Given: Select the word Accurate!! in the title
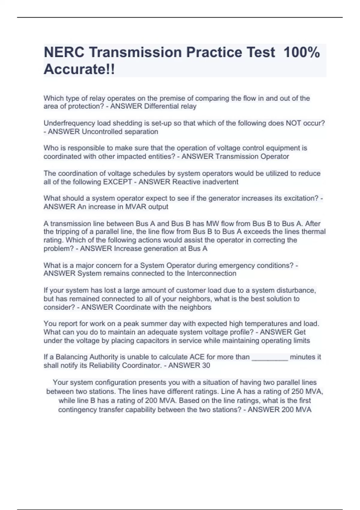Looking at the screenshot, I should (79, 70).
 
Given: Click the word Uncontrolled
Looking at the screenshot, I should (100, 131).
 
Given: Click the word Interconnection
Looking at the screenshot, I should (211, 273).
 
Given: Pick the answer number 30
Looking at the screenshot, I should (206, 365).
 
